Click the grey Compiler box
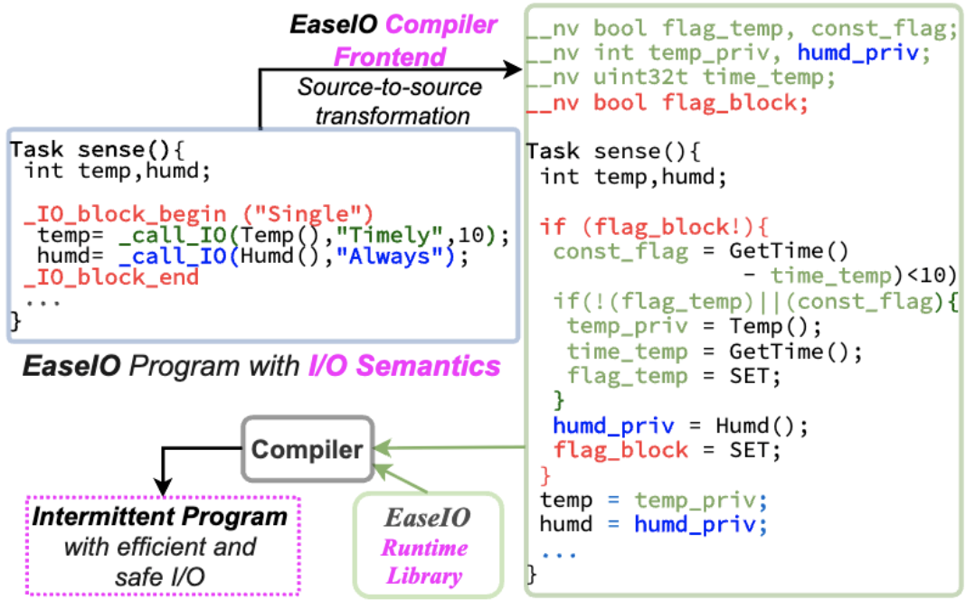point(307,448)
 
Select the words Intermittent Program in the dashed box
point(160,518)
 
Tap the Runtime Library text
point(424,561)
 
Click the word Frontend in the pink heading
point(390,57)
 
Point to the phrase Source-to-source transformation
point(390,101)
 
